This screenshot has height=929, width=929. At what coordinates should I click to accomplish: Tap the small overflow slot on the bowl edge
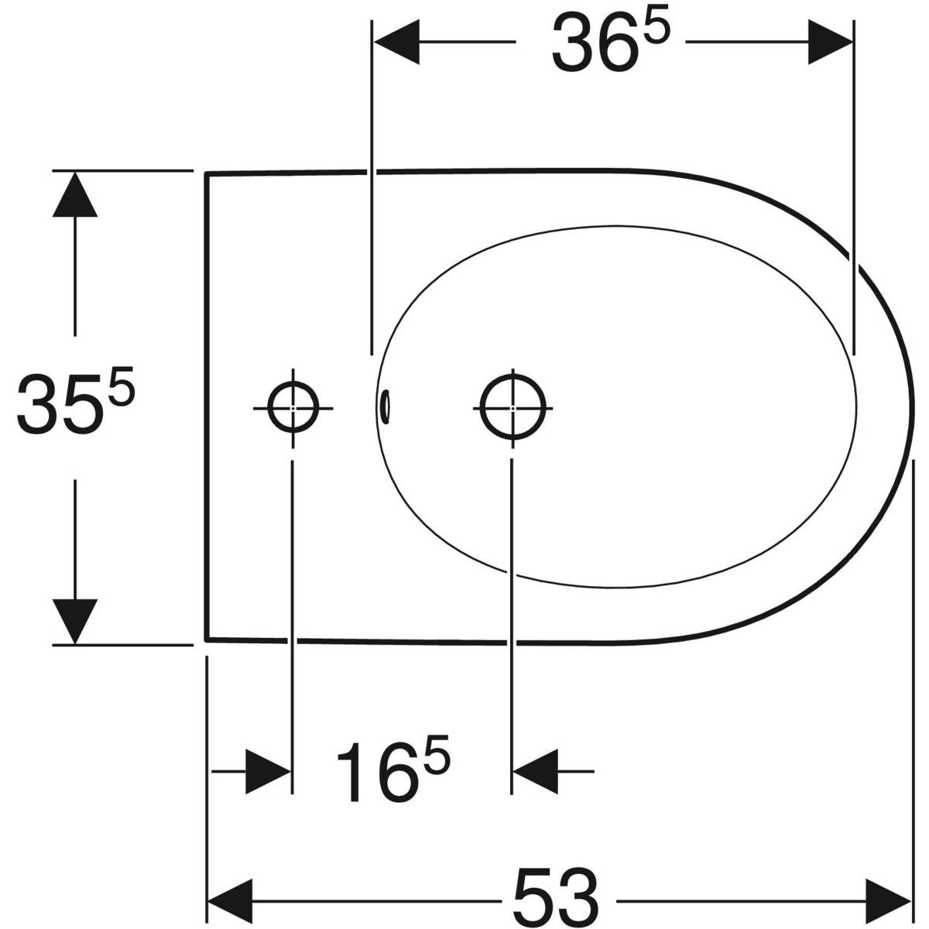point(386,404)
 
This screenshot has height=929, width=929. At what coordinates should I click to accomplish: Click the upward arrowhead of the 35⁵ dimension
point(74,194)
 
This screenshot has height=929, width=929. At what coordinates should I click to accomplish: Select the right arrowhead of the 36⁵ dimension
point(830,43)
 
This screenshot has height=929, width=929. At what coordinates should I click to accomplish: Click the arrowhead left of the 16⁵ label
point(268,771)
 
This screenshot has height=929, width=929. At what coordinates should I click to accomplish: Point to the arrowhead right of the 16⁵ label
point(536,771)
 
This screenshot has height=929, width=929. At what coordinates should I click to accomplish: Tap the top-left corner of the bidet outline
point(206,173)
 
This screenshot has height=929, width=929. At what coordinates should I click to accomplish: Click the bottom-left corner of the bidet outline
point(206,639)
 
